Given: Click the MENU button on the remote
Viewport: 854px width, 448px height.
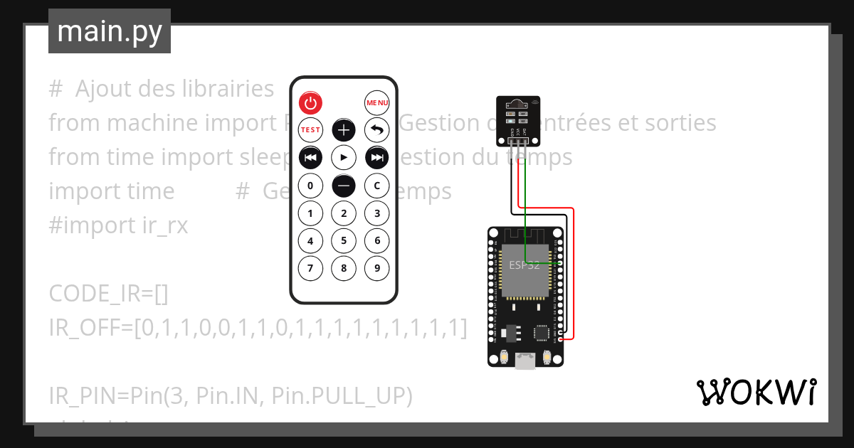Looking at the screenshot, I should click(x=377, y=103).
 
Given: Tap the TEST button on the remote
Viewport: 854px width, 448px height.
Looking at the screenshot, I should click(x=310, y=130).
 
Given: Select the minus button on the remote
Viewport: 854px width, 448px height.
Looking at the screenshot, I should click(x=344, y=186).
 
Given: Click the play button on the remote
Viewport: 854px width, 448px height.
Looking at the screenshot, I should click(x=344, y=157).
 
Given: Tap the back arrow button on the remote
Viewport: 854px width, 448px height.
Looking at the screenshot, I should click(x=377, y=130).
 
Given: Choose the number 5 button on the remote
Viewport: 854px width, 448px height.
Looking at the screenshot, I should click(x=344, y=241).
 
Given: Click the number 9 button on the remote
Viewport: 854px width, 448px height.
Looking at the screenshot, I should click(x=377, y=268).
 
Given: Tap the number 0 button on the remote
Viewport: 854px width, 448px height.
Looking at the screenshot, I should click(x=310, y=186).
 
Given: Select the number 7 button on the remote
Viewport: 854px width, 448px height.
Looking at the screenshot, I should click(x=310, y=268).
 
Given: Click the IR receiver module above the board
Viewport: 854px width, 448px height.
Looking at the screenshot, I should click(x=517, y=117).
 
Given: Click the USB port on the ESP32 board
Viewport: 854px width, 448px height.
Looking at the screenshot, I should click(x=526, y=361).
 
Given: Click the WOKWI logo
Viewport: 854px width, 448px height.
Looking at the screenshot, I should click(x=756, y=392).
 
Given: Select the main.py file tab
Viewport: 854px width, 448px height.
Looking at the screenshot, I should click(x=110, y=31).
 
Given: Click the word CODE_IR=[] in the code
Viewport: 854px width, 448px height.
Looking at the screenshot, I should click(x=108, y=293).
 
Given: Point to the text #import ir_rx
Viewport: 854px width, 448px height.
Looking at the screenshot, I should click(x=118, y=225).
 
